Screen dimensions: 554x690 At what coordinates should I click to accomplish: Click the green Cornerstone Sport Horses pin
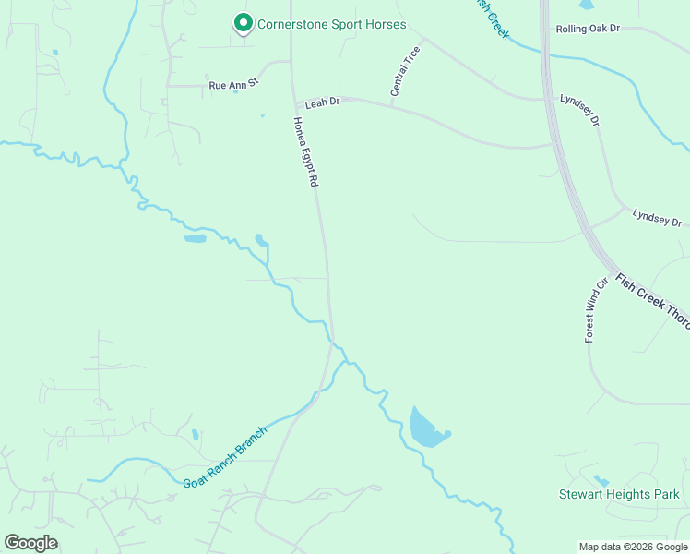pos(243,22)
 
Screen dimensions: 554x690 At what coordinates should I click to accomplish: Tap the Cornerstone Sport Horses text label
pos(331,25)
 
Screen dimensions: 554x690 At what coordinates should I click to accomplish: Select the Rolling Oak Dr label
pos(589,29)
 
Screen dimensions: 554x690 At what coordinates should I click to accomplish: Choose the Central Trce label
pos(405,72)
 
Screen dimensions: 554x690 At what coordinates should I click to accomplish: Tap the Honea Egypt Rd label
pos(305,152)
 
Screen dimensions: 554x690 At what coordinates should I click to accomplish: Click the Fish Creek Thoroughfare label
pos(651,302)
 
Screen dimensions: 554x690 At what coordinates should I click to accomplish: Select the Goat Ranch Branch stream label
pos(225,458)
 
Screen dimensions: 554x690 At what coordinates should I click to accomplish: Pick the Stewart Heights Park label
pos(619,495)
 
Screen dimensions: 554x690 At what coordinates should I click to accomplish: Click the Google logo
pos(30,543)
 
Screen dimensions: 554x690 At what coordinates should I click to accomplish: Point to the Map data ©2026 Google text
pos(632,546)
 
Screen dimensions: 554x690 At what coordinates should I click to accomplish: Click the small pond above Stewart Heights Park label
pos(601,480)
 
